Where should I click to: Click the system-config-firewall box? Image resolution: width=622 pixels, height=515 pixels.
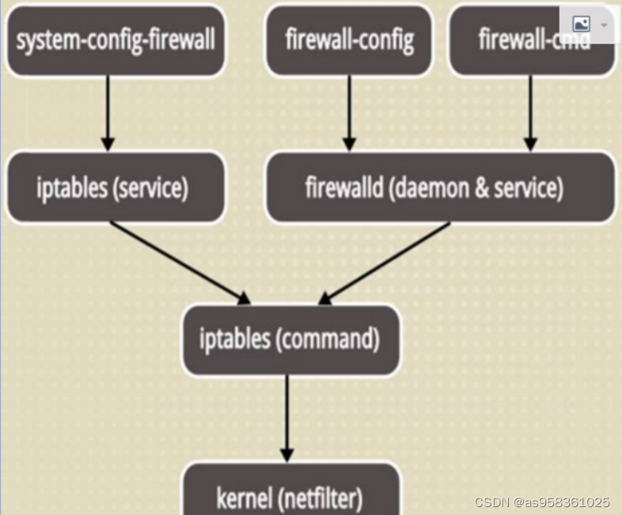(116, 40)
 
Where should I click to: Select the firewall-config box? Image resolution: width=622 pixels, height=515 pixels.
(349, 40)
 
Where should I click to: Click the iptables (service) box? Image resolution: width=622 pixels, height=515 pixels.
(112, 187)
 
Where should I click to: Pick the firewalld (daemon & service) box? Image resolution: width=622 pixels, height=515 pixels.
(440, 187)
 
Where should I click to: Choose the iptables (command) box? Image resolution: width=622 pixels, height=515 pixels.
(290, 339)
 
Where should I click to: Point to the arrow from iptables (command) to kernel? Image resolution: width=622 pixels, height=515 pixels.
(287, 419)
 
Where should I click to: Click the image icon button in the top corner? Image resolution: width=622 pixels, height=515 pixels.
(582, 25)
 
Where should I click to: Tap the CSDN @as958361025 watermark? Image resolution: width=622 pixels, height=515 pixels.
(542, 502)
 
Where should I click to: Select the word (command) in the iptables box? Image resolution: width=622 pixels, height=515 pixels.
(327, 339)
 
